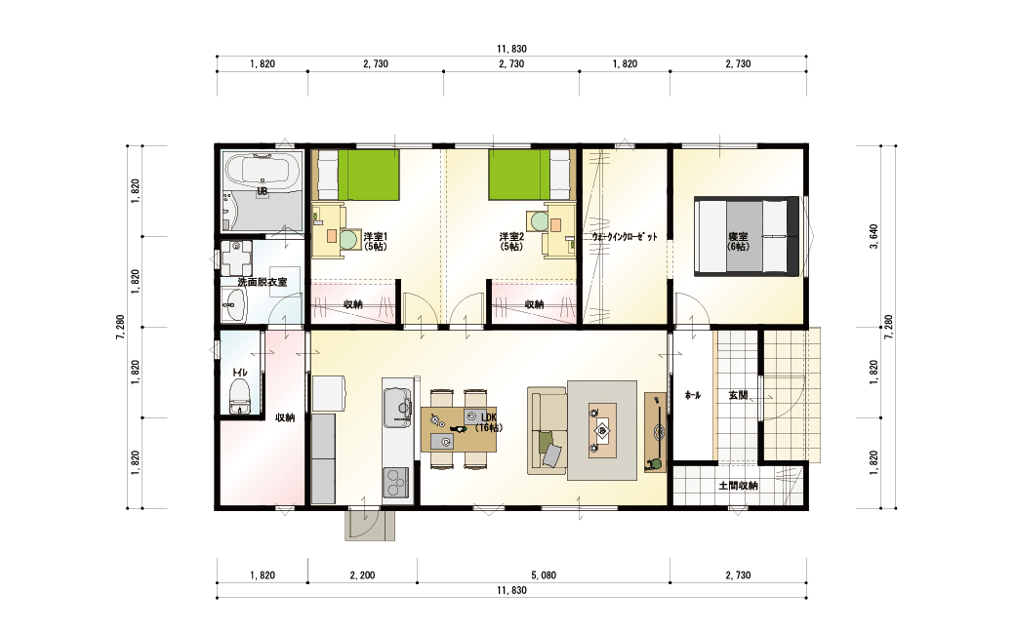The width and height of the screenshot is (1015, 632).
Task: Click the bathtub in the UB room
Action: coord(262,172)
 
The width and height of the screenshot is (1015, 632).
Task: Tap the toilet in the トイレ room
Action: coord(239,397)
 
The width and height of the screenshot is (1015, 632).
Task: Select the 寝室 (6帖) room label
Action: coord(738,241)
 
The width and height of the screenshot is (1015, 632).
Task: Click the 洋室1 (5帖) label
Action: coord(375,241)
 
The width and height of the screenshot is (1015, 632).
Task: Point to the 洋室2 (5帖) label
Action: coord(511,241)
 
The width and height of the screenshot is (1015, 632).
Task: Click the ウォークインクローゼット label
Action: coord(624,237)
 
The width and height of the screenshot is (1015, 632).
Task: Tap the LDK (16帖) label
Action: coord(488,422)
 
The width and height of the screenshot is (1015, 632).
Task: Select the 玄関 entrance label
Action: coord(738,395)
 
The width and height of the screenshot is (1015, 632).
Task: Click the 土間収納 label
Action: coord(738,485)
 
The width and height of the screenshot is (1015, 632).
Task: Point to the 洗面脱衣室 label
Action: coord(263,282)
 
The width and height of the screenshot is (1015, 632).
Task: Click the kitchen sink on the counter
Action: coord(398,408)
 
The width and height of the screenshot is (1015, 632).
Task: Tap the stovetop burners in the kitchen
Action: coord(396,482)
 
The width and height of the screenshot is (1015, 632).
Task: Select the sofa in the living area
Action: coord(547,430)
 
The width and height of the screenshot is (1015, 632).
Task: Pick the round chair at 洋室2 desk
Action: coord(539,221)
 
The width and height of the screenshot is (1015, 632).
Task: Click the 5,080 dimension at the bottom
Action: coord(544,575)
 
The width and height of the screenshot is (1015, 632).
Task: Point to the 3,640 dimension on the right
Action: coord(873,237)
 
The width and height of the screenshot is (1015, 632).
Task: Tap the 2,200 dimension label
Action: coord(362,575)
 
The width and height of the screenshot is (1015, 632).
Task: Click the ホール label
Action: coord(693,395)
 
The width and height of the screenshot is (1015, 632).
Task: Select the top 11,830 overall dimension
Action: coord(511,49)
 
